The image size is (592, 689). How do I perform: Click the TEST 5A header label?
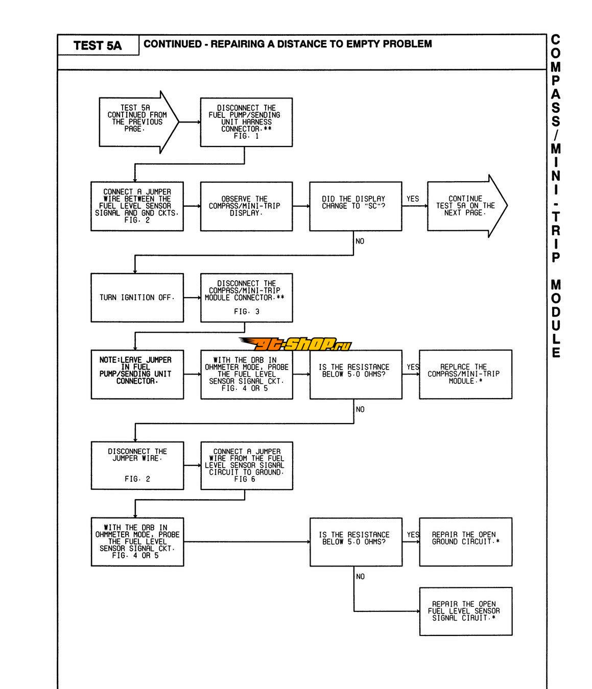point(98,45)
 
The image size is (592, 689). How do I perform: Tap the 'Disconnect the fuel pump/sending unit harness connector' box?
point(246,122)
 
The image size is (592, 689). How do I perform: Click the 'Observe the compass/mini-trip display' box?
point(246,206)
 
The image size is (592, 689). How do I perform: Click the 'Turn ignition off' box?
point(137,298)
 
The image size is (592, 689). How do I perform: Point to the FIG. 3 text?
point(246,311)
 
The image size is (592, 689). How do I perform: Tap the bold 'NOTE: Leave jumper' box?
point(137,374)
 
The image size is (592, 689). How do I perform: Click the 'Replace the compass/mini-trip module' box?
point(465,374)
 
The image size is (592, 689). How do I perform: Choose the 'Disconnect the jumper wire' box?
point(137,465)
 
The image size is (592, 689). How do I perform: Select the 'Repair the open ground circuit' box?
point(465,542)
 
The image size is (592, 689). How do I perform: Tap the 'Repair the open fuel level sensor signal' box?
point(465,611)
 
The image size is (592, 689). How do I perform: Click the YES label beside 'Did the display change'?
point(413,199)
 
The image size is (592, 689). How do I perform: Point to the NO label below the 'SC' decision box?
point(360,241)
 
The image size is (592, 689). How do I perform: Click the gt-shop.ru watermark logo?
point(295,344)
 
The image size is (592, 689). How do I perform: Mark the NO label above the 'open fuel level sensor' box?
point(360,577)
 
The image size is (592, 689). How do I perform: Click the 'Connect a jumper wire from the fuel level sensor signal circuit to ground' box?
point(246,465)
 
